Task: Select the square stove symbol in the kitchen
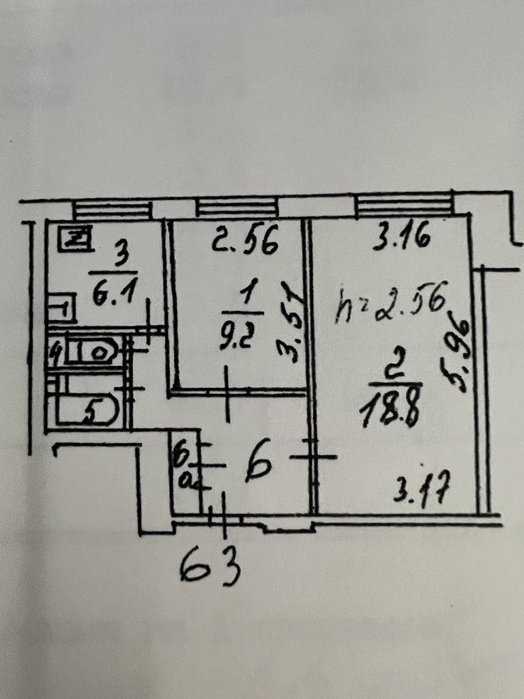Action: [75, 239]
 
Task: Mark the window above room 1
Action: [237, 207]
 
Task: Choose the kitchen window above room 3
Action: [112, 208]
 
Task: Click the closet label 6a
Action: [184, 466]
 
